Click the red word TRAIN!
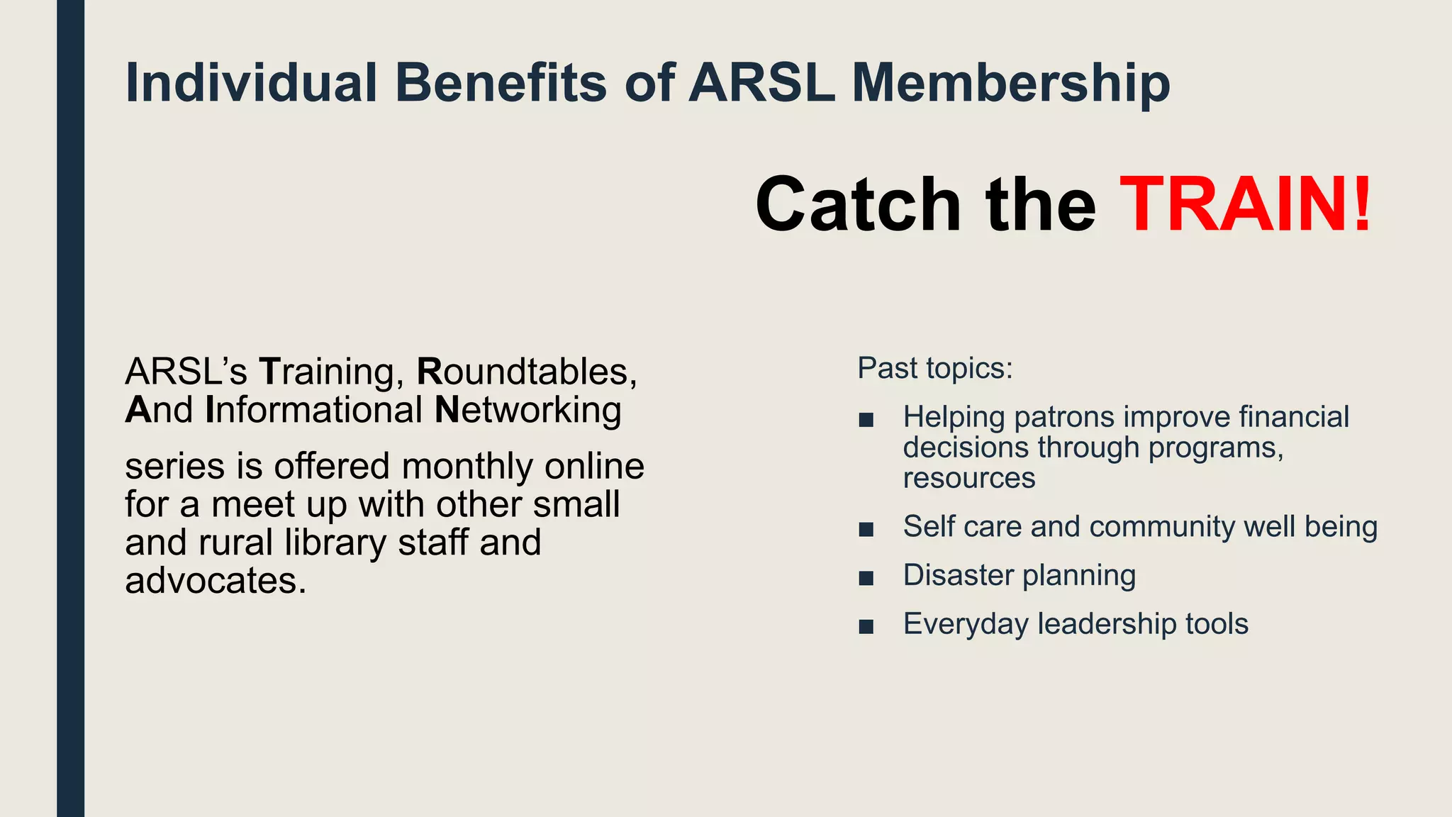[1245, 206]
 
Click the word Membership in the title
[1010, 84]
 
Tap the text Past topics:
[935, 368]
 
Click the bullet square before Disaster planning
[866, 578]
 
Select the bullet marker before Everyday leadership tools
[866, 627]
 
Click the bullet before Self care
[866, 530]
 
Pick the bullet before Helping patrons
[866, 420]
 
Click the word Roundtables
[526, 372]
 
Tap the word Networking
[527, 410]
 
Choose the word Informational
[314, 410]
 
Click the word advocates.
[216, 581]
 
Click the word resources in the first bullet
[968, 479]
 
